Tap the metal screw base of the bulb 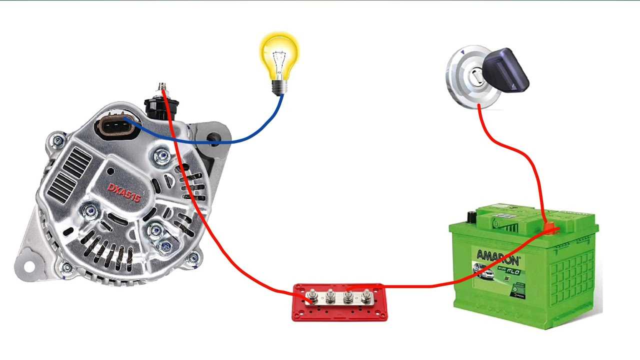279,87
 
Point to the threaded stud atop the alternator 162,88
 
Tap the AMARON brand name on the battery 497,257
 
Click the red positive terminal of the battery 549,229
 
